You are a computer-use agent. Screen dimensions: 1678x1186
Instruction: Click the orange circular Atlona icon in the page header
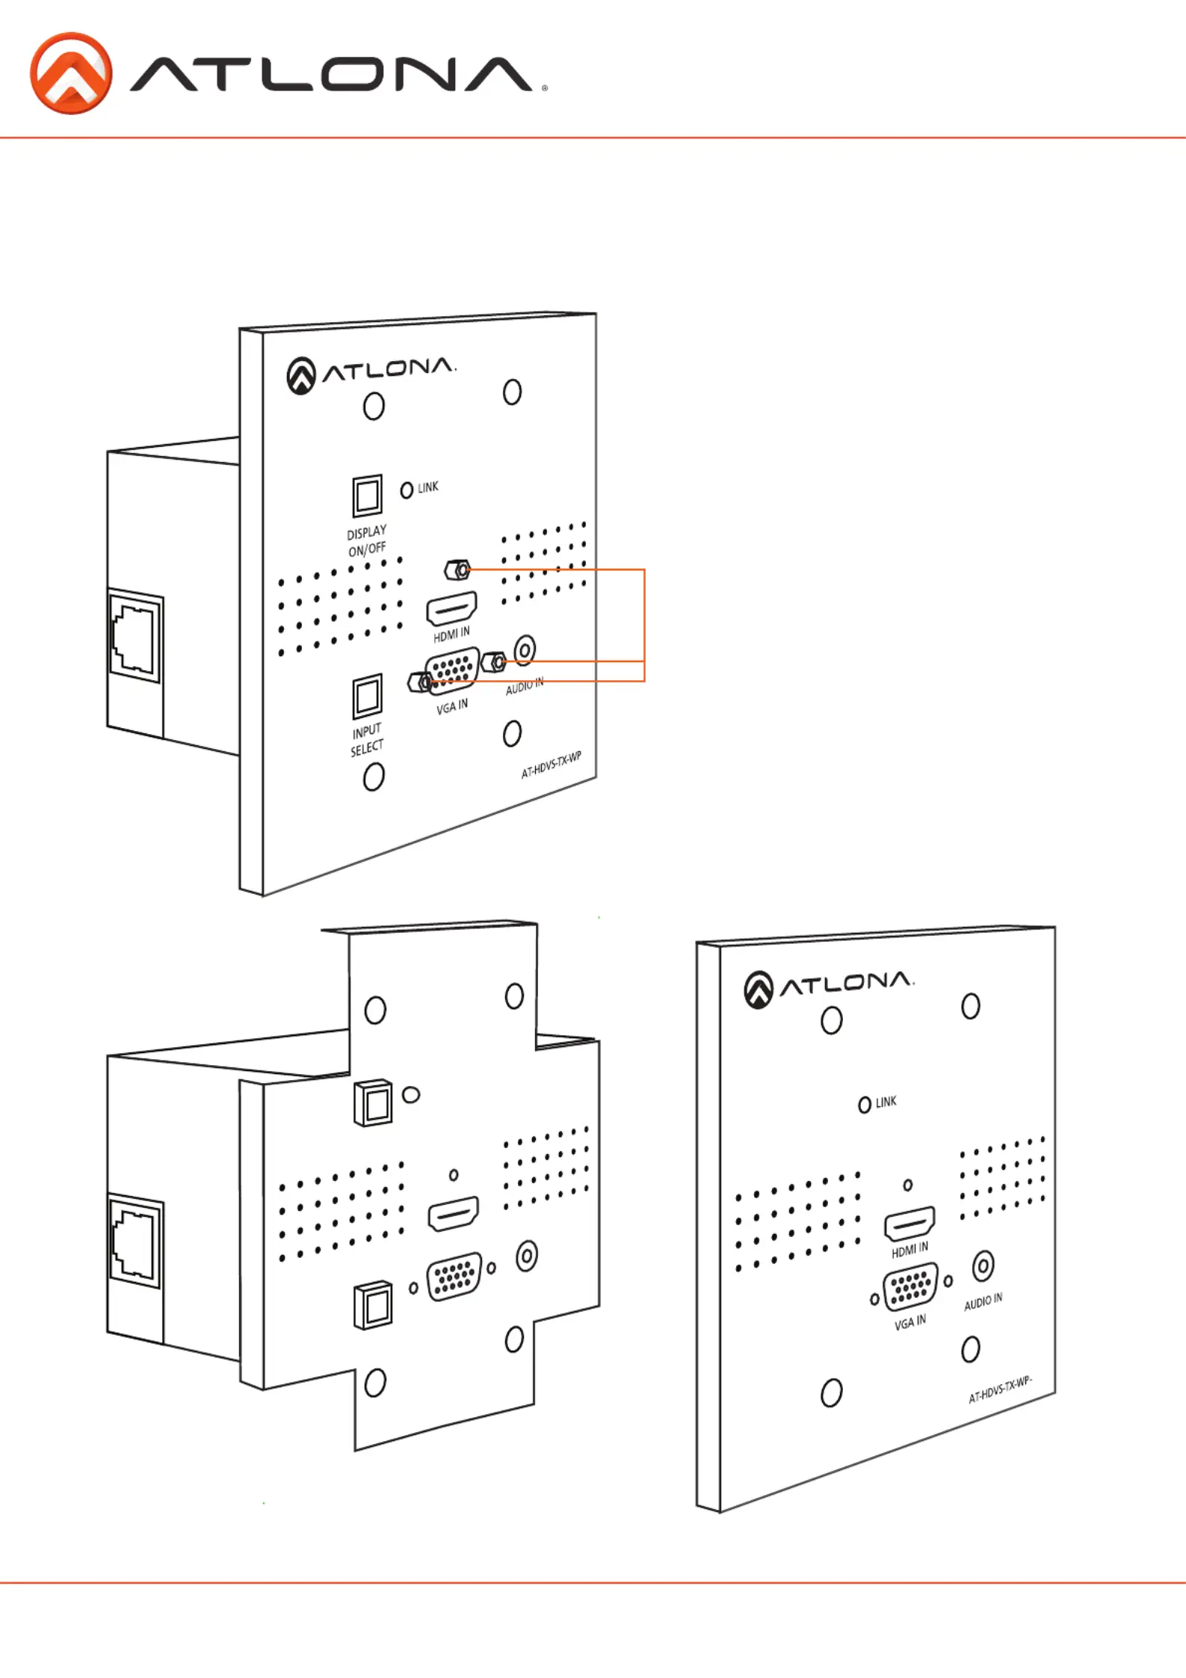pos(71,73)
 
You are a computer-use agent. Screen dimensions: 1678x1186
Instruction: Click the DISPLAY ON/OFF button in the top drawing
pos(367,496)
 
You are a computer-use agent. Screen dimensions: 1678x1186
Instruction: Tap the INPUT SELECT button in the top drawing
pos(367,695)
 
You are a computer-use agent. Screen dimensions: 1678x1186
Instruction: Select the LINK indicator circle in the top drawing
pos(407,490)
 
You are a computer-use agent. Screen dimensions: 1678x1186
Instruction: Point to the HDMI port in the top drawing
pos(451,608)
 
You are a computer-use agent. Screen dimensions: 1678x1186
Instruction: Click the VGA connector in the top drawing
pos(452,670)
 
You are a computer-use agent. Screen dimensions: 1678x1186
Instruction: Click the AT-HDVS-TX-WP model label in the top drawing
pos(551,765)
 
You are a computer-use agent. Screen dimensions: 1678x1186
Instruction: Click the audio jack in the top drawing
pos(525,650)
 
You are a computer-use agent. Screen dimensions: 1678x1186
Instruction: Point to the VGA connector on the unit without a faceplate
pos(454,1277)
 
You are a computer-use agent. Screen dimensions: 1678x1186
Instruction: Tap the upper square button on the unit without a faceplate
pos(373,1102)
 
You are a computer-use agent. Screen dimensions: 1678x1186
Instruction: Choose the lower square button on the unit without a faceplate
pos(373,1306)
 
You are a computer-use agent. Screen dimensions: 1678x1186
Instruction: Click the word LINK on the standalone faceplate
pos(886,1102)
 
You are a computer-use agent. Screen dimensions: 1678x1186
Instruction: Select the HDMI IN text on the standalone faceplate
pos(909,1250)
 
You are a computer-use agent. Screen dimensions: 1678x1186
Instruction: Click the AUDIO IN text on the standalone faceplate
pos(983,1302)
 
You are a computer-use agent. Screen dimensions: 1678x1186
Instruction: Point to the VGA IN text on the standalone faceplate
pos(909,1322)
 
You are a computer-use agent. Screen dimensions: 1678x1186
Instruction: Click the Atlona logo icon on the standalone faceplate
pos(758,990)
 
